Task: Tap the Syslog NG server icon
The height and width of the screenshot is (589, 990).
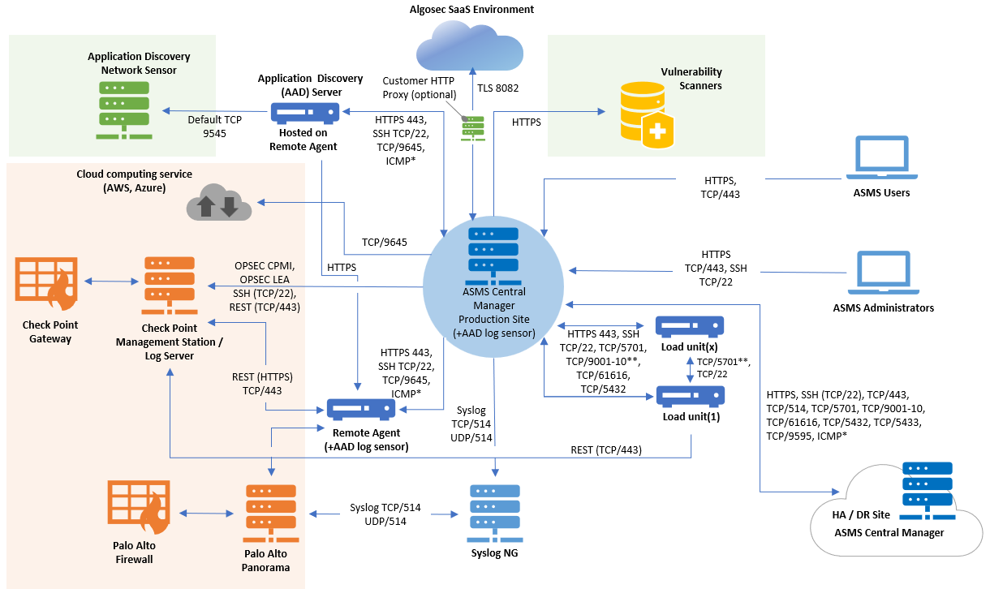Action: [494, 514]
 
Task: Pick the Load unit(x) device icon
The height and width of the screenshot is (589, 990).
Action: [690, 327]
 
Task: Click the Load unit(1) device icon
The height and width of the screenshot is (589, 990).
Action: [690, 397]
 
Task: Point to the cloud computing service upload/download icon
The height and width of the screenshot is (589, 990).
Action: [218, 204]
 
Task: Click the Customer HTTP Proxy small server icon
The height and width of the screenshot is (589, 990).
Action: [472, 130]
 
